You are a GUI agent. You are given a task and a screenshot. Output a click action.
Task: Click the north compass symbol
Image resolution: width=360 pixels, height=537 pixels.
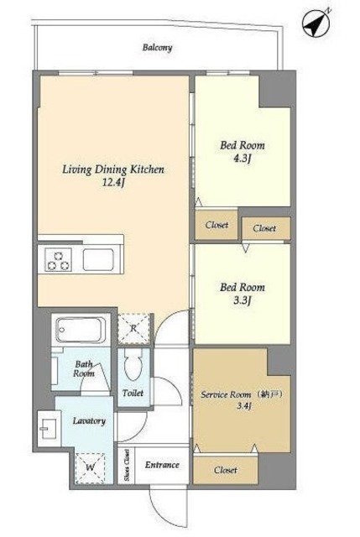click(x=316, y=23)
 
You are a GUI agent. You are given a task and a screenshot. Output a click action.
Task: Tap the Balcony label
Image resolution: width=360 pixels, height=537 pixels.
click(x=157, y=47)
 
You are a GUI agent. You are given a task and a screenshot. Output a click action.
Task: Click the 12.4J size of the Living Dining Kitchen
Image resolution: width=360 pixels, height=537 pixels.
click(x=113, y=182)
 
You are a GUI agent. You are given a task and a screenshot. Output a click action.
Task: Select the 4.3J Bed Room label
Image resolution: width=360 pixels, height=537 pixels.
click(x=243, y=151)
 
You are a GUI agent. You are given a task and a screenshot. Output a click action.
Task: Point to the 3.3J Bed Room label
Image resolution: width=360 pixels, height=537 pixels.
click(x=243, y=293)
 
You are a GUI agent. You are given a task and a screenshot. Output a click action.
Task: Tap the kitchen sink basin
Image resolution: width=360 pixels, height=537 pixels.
click(x=98, y=259)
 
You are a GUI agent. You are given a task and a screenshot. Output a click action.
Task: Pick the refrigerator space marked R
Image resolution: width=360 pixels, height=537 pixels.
click(x=134, y=329)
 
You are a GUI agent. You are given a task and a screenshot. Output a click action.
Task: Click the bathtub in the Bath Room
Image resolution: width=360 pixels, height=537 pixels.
click(x=81, y=330)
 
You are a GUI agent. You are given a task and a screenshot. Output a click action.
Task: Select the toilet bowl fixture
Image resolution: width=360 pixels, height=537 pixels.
click(x=133, y=364)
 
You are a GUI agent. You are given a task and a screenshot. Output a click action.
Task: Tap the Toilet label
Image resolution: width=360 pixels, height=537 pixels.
click(x=133, y=393)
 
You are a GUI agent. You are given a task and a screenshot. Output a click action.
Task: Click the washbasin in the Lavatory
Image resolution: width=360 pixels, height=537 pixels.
click(x=49, y=428)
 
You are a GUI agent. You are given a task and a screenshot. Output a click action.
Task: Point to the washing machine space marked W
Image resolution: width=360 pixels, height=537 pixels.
click(x=90, y=468)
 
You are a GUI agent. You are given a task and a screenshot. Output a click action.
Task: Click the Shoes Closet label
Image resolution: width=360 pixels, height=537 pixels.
click(x=127, y=465)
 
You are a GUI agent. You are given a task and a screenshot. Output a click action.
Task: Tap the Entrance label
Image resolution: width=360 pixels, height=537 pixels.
click(x=162, y=465)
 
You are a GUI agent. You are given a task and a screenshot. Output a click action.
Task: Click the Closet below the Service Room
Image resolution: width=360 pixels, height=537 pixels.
click(x=226, y=470)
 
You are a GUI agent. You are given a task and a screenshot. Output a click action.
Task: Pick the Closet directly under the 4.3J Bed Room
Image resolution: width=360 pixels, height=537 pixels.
click(x=217, y=225)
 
